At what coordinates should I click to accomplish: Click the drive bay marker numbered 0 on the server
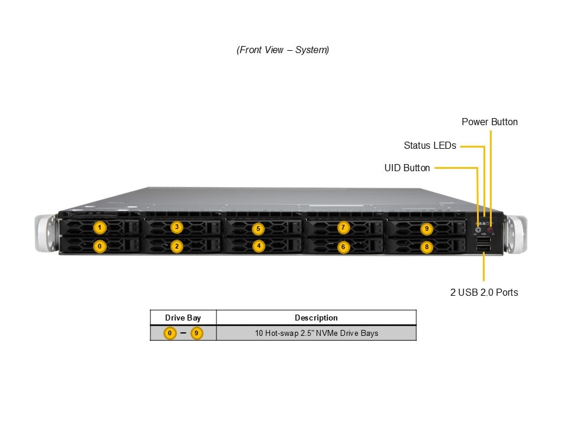click(100, 246)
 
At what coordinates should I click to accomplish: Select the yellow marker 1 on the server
click(100, 227)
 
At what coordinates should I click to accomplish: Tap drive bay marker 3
click(176, 227)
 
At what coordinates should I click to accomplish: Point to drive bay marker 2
click(176, 247)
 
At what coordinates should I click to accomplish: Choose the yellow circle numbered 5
click(258, 228)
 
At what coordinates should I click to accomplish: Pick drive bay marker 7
click(343, 227)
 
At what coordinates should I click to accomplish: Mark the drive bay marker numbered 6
click(343, 247)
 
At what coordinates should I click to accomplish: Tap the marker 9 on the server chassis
click(427, 228)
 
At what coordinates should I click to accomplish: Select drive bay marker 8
click(427, 247)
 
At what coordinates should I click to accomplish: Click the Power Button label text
click(489, 122)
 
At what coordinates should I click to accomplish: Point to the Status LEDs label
click(430, 145)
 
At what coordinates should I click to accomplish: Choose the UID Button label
click(407, 168)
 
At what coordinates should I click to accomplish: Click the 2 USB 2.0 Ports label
click(484, 292)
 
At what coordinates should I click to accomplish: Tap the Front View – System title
click(283, 50)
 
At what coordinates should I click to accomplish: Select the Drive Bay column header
click(183, 318)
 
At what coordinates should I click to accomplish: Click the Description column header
click(316, 318)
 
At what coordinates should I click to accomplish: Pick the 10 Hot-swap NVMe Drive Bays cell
click(316, 333)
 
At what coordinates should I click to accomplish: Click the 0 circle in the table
click(170, 333)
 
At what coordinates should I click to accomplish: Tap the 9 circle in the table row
click(196, 333)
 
